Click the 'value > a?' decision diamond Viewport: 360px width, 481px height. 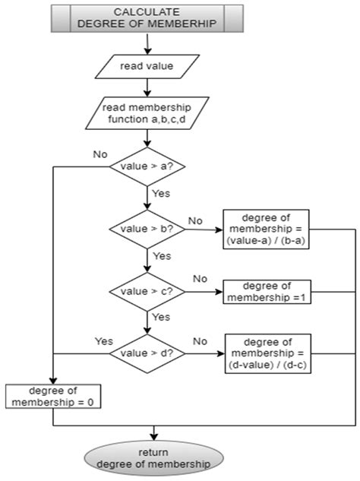(148, 166)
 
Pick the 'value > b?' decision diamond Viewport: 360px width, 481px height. (148, 227)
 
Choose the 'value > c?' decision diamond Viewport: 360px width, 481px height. (148, 290)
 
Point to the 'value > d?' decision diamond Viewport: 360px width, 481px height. (148, 353)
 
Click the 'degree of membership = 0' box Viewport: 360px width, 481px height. (53, 396)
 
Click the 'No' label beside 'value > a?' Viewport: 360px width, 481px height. (99, 153)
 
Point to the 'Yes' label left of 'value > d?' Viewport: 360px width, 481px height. (103, 340)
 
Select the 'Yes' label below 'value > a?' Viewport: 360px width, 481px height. (162, 194)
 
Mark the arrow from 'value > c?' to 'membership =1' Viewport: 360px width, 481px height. (202, 291)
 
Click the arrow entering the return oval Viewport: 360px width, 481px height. (154, 434)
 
